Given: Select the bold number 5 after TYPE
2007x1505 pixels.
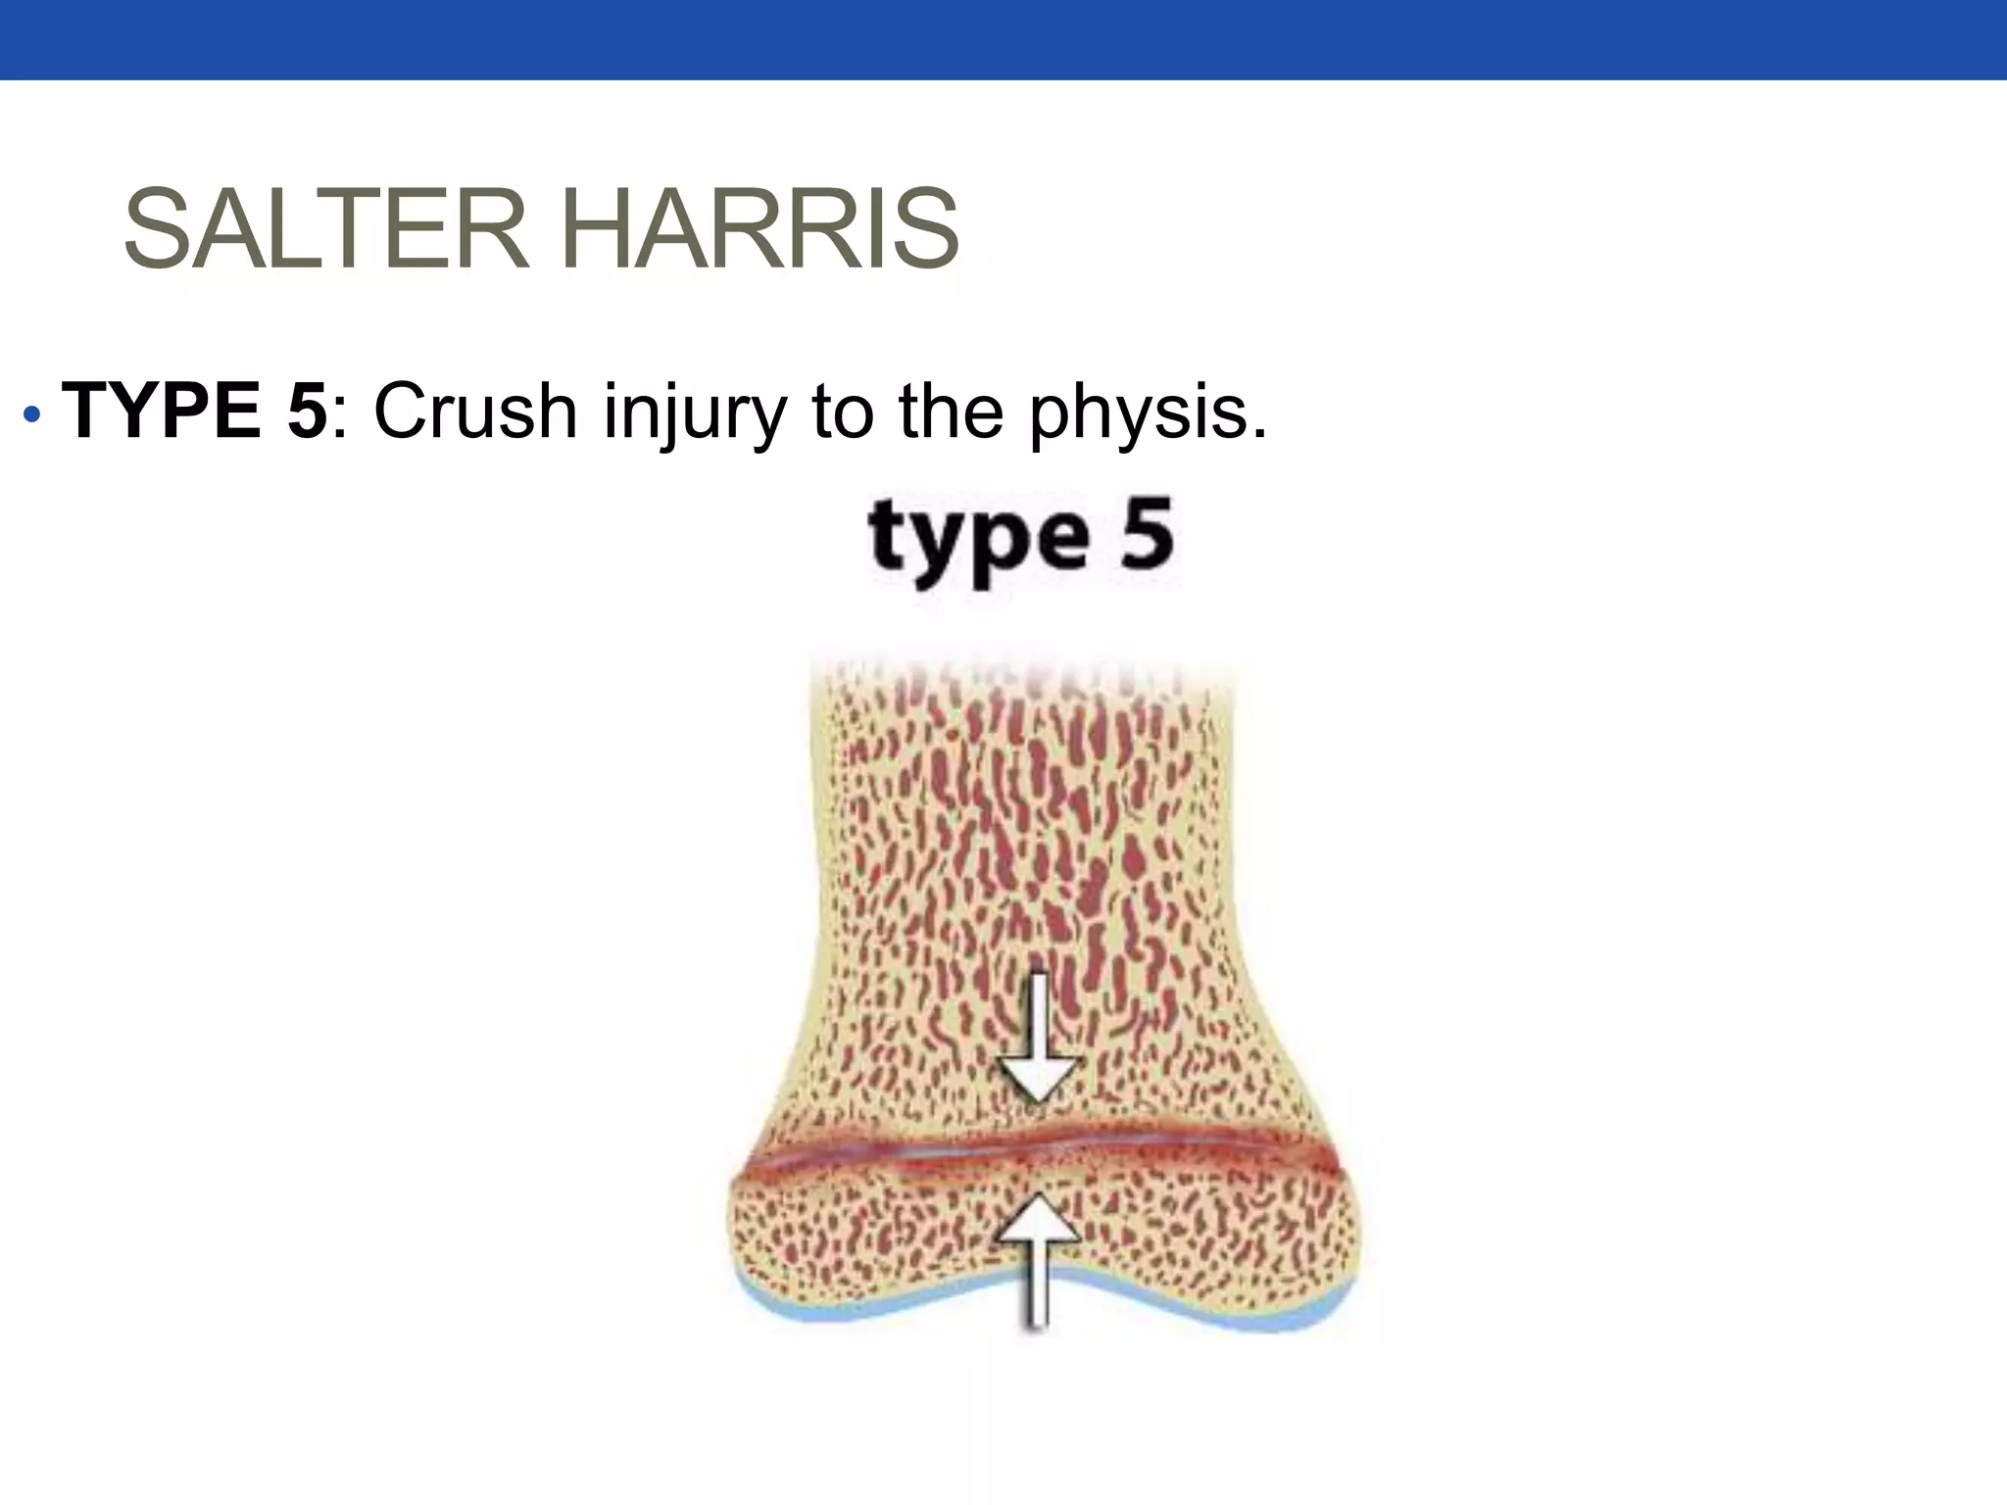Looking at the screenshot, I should point(307,411).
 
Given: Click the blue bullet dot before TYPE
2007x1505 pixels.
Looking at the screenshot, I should point(32,414).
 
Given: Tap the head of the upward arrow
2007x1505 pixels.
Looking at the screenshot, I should point(1037,1220).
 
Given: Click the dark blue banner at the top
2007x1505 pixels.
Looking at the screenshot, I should point(1003,39).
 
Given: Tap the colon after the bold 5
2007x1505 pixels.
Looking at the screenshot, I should point(339,416).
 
